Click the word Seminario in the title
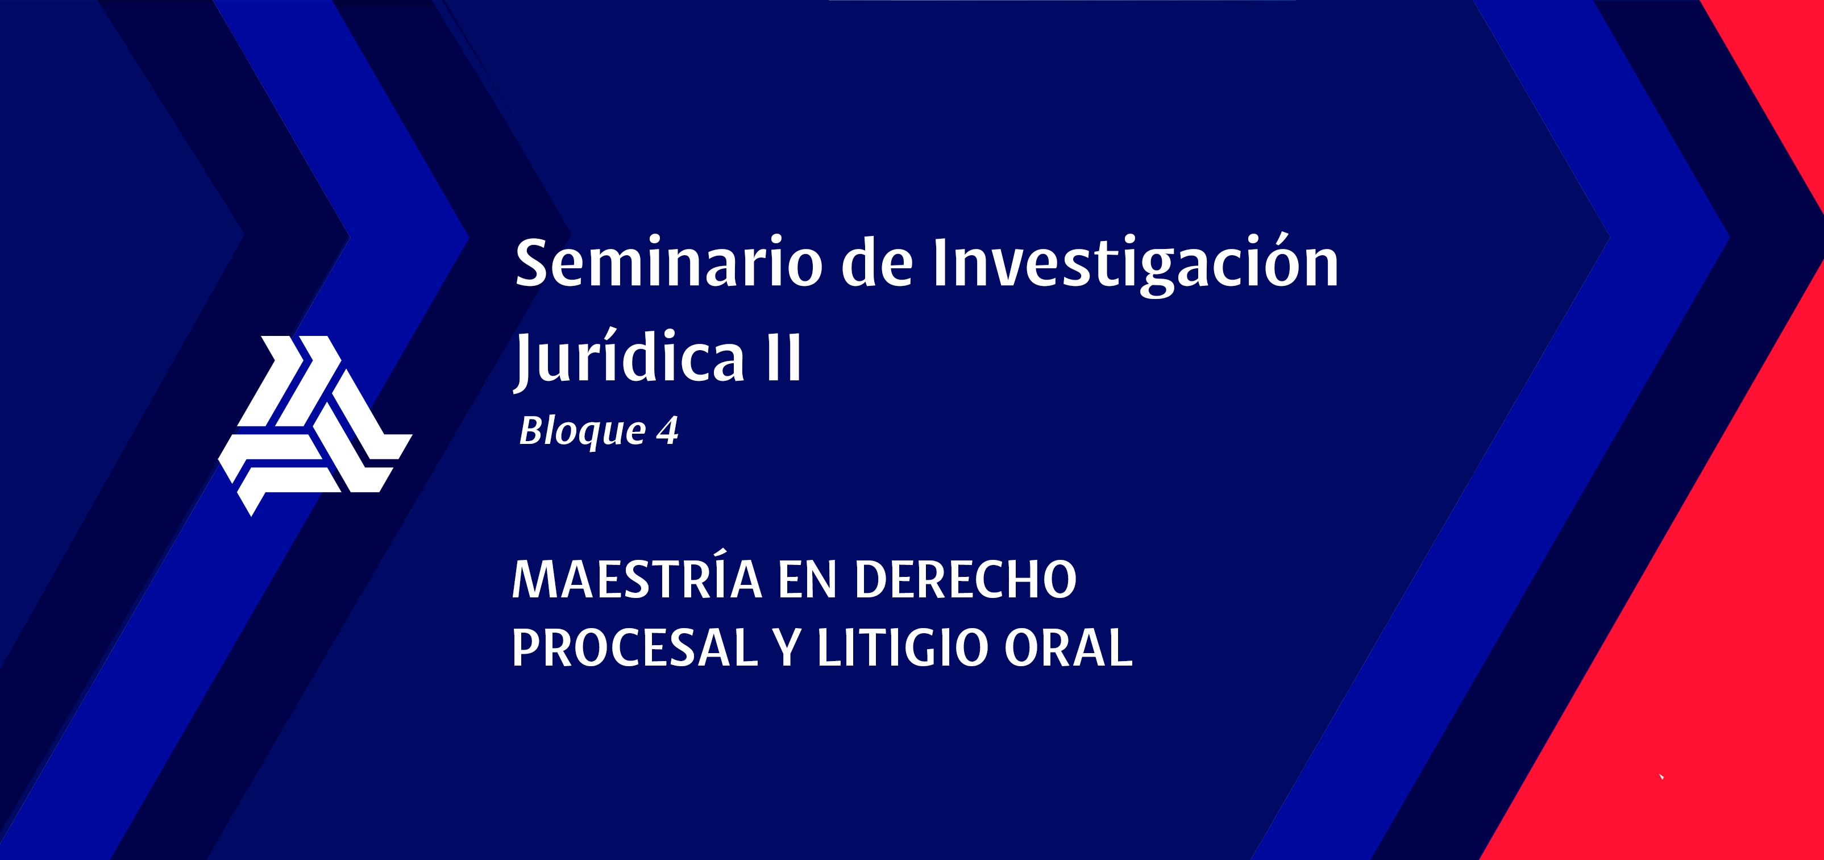(x=668, y=262)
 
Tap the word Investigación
(x=1136, y=263)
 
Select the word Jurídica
(x=630, y=358)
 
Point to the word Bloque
(x=582, y=431)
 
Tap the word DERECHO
(x=966, y=580)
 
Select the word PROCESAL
(x=634, y=647)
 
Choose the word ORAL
(x=1069, y=647)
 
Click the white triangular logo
(x=314, y=425)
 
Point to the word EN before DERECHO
(x=808, y=580)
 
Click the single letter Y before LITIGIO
(x=787, y=647)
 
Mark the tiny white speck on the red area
(x=1661, y=776)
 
